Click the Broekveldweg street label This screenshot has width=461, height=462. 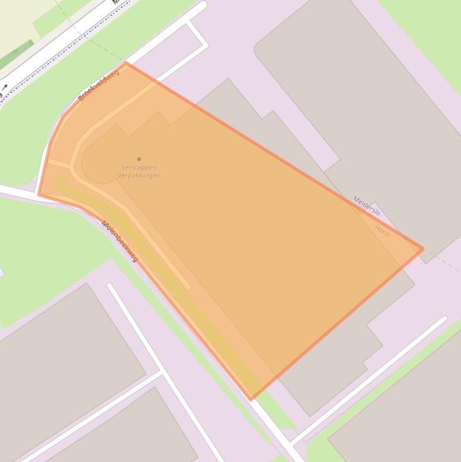coord(99,85)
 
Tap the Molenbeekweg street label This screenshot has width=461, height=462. coord(119,241)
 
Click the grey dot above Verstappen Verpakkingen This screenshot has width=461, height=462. coord(139,159)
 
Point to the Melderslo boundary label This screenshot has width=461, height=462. coord(366,206)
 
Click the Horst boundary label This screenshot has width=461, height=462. coord(382,231)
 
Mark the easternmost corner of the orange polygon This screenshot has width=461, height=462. coord(423,248)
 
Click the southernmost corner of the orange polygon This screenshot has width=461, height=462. coord(252,398)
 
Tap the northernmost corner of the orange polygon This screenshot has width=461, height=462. coord(125,62)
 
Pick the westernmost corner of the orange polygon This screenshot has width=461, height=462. coord(39,194)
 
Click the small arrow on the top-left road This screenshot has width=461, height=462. coord(5,88)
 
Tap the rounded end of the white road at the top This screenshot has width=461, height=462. coord(203,5)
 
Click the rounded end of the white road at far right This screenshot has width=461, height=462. coord(444,319)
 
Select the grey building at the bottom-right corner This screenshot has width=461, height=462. coord(408,408)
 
